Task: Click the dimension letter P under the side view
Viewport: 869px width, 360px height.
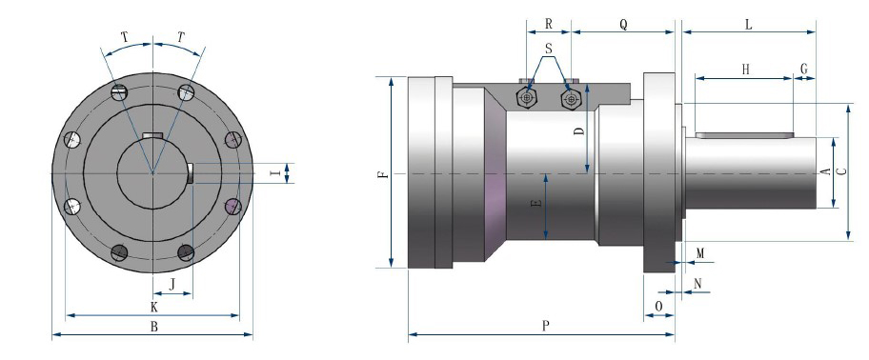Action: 545,326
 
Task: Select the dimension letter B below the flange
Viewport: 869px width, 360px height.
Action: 154,327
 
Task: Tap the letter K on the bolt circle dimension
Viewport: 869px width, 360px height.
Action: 154,307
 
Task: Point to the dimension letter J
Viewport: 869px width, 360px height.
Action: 172,285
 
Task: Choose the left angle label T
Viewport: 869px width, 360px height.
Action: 124,37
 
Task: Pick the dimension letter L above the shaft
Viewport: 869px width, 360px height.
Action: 749,25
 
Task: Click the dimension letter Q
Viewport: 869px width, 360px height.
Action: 623,25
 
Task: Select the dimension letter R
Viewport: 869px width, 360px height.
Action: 549,24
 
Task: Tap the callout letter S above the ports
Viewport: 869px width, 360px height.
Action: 549,49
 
